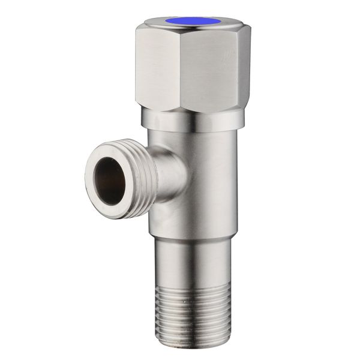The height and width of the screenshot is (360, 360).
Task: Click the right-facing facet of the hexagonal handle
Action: [224, 69]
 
